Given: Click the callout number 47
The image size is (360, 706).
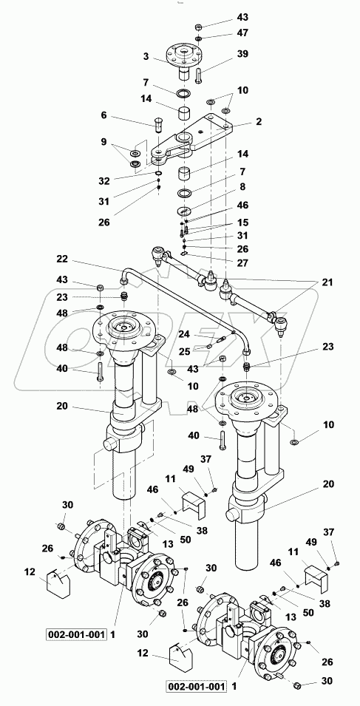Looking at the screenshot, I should pos(243,33).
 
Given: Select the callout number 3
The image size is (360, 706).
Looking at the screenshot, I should pos(147,56).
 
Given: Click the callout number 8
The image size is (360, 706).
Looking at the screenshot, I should pos(243,189).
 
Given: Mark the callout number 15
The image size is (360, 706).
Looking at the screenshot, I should pos(243,223).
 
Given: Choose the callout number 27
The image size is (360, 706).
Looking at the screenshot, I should pos(243,262).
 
